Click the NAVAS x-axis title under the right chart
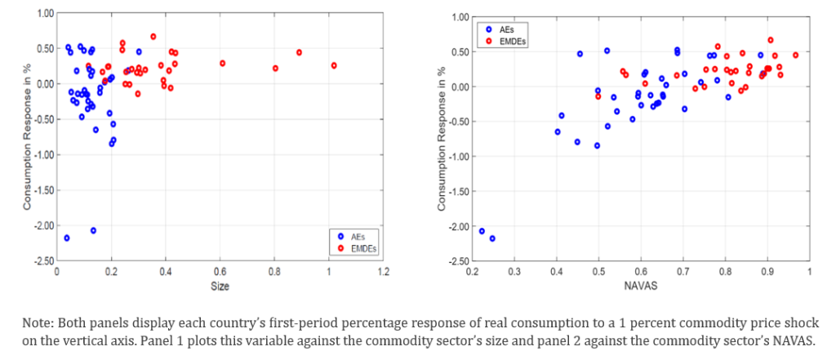tap(640, 287)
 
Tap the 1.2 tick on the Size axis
tap(383, 272)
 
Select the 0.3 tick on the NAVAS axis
tap(514, 272)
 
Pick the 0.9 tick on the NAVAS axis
tap(767, 272)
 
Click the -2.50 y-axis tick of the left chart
tap(42, 260)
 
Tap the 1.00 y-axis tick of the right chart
tap(459, 17)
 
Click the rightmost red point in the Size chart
tap(334, 65)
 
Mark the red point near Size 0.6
tap(222, 64)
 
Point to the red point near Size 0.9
tap(300, 52)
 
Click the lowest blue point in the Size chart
tap(66, 238)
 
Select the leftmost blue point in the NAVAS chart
tap(482, 231)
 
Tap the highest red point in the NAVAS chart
tap(770, 39)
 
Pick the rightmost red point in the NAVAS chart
tap(795, 56)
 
